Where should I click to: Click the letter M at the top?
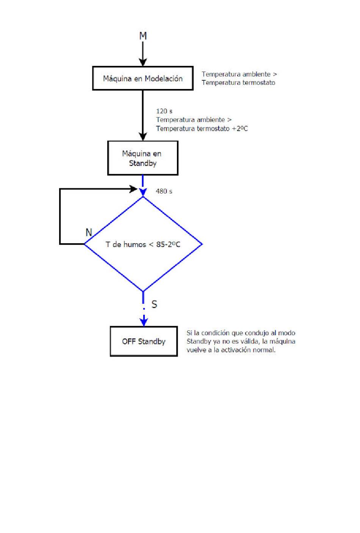pyautogui.click(x=143, y=36)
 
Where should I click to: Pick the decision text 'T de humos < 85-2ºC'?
pyautogui.click(x=143, y=244)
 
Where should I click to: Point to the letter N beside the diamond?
pyautogui.click(x=89, y=232)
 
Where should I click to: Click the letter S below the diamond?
pyautogui.click(x=154, y=304)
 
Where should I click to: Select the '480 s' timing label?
pyautogui.click(x=164, y=191)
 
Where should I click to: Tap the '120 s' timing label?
pyautogui.click(x=164, y=111)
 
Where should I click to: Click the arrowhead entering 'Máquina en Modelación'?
pyautogui.click(x=143, y=62)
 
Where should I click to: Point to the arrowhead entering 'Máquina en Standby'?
pyautogui.click(x=143, y=137)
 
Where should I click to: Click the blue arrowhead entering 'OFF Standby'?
pyautogui.click(x=144, y=322)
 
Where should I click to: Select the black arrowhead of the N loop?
pyautogui.click(x=133, y=189)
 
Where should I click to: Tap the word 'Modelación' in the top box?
pyautogui.click(x=164, y=78)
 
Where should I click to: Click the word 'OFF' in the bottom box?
pyautogui.click(x=129, y=341)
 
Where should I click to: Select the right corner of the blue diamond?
pyautogui.click(x=202, y=244)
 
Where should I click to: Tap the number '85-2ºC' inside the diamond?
pyautogui.click(x=168, y=244)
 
